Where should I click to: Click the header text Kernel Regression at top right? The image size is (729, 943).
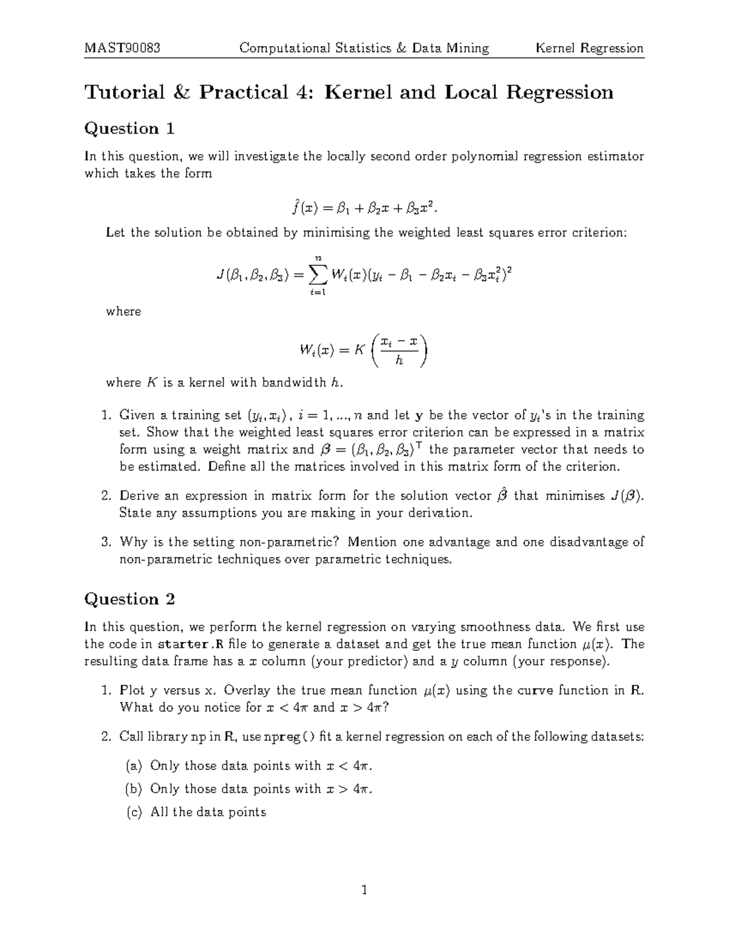point(589,48)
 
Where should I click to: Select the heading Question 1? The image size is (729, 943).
point(129,129)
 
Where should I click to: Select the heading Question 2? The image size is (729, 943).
point(129,599)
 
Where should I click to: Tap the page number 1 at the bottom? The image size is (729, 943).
point(364,891)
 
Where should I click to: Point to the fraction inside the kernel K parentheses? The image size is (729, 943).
point(399,350)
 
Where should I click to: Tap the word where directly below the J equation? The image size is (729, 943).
point(123,311)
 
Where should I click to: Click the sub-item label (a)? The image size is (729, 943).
point(134,766)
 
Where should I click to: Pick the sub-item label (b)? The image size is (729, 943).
point(134,789)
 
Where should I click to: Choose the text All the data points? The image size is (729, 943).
point(208,812)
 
